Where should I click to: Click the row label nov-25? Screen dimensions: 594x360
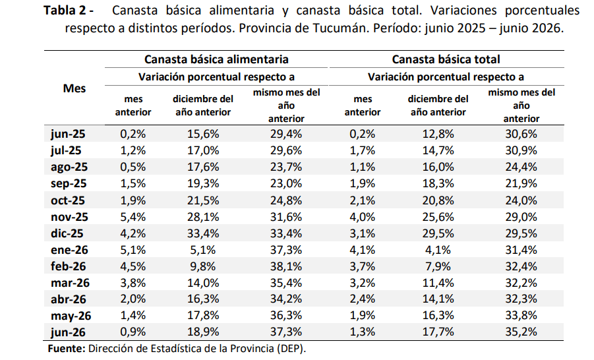click(x=69, y=217)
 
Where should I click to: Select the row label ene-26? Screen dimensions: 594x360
click(x=69, y=250)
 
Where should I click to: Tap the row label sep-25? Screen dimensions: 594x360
click(x=69, y=184)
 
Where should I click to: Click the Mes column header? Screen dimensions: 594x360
click(x=74, y=88)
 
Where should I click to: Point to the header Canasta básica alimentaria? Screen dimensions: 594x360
click(x=216, y=59)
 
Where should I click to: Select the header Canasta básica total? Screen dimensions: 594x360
click(x=446, y=59)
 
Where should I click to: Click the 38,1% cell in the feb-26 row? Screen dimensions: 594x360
click(x=286, y=267)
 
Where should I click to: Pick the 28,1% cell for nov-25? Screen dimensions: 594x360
click(x=203, y=217)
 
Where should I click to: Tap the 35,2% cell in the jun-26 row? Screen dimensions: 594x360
click(x=521, y=332)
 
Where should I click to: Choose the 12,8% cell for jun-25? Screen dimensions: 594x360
click(x=438, y=134)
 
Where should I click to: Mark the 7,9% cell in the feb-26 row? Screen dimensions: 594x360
click(x=438, y=267)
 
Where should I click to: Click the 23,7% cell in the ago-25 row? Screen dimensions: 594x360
click(x=286, y=167)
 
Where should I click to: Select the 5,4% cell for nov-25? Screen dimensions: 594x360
click(x=133, y=217)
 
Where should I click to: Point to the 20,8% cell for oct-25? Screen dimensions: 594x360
click(x=438, y=200)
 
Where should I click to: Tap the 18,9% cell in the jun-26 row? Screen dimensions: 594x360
click(x=203, y=332)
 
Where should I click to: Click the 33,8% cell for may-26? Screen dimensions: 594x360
click(x=521, y=316)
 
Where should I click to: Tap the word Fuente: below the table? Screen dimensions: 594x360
click(x=67, y=349)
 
